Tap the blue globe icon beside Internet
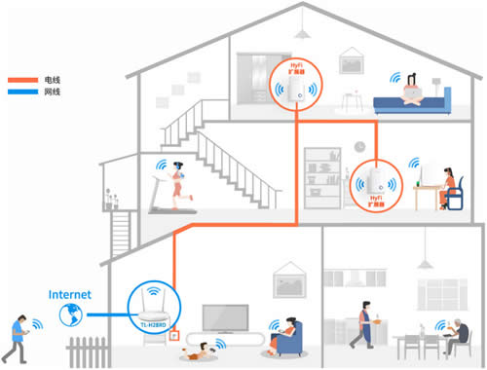pos(69,314)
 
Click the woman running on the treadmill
pos(175,185)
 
